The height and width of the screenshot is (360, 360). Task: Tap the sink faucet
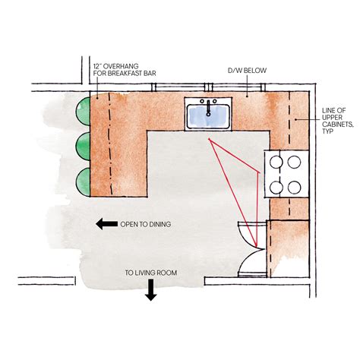208,103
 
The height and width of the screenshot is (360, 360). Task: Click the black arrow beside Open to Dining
106,224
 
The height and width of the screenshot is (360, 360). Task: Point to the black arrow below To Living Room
150,291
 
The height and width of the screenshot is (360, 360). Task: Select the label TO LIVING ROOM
150,272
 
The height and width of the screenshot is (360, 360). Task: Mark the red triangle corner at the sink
209,139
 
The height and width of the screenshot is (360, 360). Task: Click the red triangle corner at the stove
260,172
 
